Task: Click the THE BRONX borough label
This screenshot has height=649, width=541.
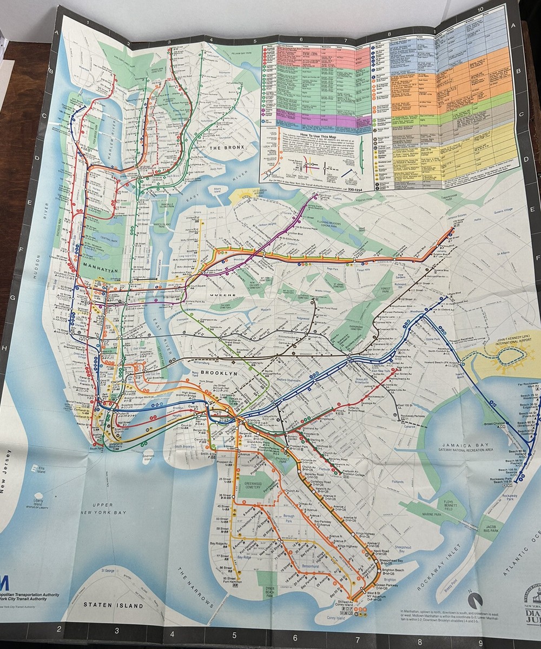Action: tap(227, 147)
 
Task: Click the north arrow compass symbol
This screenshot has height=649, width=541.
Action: tap(474, 600)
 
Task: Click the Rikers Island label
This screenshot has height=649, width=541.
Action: tap(217, 189)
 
